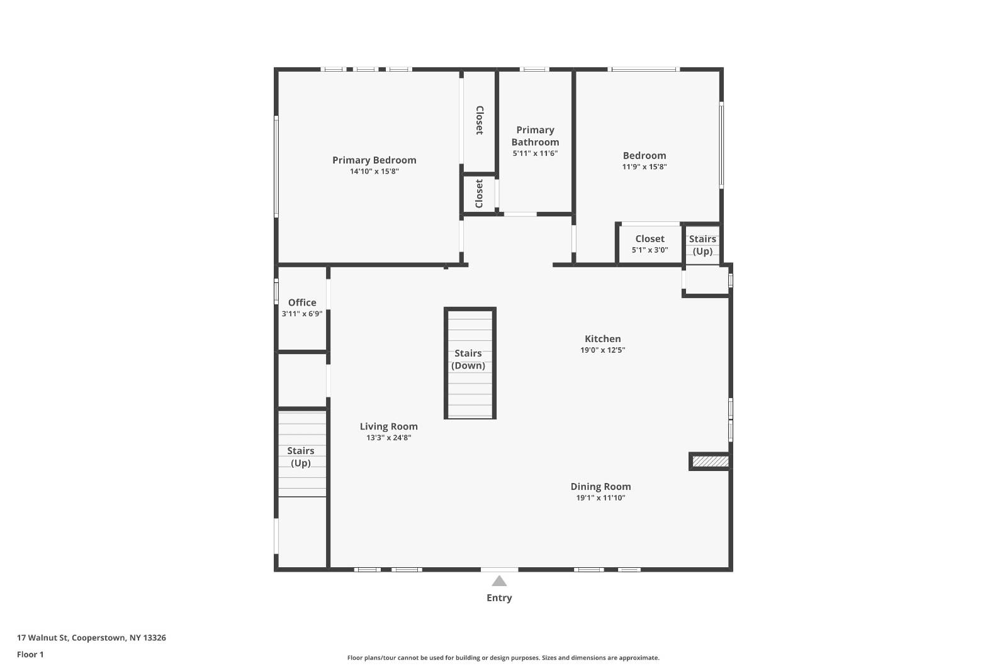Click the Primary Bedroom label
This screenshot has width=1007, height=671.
(x=374, y=160)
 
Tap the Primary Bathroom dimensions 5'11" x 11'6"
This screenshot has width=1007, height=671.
(x=535, y=153)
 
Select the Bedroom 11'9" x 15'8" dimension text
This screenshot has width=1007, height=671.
(x=644, y=167)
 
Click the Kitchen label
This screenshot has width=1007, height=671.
(x=602, y=339)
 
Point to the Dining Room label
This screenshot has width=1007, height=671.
(x=600, y=486)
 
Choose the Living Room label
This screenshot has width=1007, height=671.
(x=388, y=426)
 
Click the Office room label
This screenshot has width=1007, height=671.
(x=302, y=302)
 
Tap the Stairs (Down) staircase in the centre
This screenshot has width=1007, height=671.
(x=470, y=360)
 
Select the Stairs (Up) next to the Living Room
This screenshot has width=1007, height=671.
(x=301, y=457)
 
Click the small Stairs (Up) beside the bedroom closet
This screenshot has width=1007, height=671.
(x=702, y=245)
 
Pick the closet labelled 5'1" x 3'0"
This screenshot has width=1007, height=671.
(x=650, y=244)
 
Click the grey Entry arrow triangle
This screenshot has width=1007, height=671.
(x=499, y=581)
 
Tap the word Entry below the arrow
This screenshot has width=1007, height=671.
(x=499, y=598)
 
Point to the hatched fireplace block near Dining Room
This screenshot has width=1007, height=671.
(x=710, y=462)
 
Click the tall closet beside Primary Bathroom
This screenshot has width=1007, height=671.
(x=479, y=121)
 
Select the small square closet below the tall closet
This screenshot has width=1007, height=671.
(x=479, y=194)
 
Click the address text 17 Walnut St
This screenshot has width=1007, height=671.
(x=91, y=638)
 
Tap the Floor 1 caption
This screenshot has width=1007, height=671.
(x=30, y=655)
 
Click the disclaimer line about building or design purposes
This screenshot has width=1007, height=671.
(x=503, y=658)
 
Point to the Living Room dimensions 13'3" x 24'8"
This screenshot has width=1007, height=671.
(x=388, y=438)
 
